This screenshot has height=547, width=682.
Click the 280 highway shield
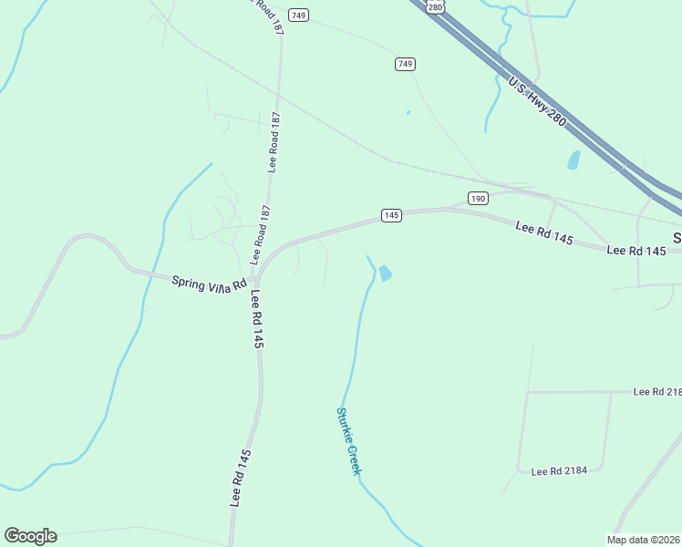[435, 6]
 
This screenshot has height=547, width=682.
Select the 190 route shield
[478, 198]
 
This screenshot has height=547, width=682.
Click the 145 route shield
[391, 215]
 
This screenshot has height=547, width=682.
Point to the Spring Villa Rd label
[210, 282]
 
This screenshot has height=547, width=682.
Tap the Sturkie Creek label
[349, 441]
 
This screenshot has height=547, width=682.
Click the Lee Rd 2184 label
[560, 470]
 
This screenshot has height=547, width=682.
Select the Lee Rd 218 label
[657, 391]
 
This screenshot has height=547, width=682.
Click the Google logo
[30, 536]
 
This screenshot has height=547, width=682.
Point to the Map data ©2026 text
[643, 540]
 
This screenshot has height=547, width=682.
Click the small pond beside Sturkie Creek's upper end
[385, 273]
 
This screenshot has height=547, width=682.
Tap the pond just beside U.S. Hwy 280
[573, 160]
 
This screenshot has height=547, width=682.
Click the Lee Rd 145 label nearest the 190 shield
[543, 232]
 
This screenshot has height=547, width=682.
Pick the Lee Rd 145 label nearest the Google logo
[241, 478]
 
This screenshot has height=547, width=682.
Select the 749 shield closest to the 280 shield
[406, 63]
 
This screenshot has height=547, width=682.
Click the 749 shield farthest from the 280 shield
[298, 15]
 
